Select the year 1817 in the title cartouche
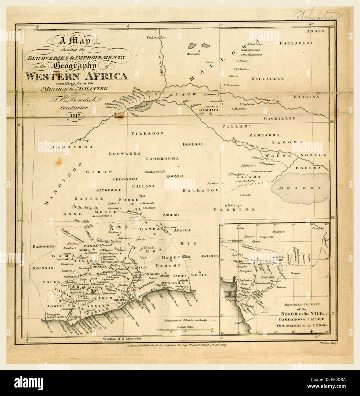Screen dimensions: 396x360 [73, 116]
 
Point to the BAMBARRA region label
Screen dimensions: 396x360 [72, 147]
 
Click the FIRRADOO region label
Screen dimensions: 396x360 [147, 133]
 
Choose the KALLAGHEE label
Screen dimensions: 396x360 [267, 79]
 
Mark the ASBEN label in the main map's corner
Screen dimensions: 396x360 [316, 31]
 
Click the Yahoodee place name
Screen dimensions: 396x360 [156, 38]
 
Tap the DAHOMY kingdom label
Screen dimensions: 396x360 [171, 266]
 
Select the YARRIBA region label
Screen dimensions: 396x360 [234, 209]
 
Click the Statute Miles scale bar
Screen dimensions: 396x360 [185, 330]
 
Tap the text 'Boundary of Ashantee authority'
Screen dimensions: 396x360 [185, 321]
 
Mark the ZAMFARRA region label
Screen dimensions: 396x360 [264, 135]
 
